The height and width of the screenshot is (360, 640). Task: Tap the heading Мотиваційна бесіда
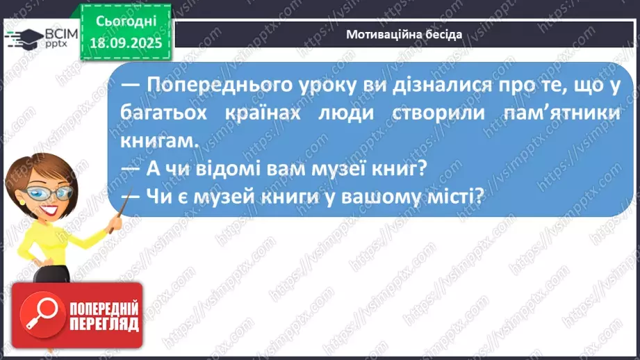[x=403, y=34]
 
